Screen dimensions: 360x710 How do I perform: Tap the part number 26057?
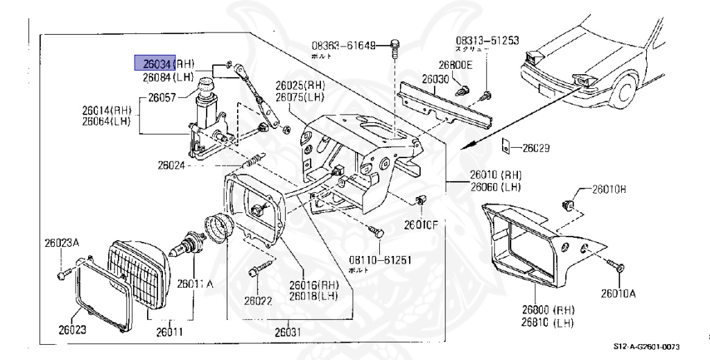162,98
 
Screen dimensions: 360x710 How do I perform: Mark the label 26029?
536,148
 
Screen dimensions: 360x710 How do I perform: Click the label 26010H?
608,189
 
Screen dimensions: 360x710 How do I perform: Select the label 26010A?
618,293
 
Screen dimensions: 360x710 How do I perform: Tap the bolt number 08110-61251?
381,259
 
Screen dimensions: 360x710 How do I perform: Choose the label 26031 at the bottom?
288,331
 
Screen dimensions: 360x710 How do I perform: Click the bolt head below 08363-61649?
394,47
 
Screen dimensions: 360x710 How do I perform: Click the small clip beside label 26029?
508,146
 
